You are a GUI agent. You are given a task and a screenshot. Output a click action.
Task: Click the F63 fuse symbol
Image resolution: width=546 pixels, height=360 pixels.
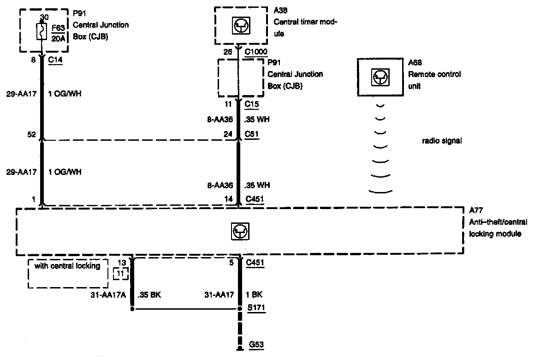[42, 32]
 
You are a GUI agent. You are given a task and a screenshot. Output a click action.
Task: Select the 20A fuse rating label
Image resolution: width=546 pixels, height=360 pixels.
[59, 39]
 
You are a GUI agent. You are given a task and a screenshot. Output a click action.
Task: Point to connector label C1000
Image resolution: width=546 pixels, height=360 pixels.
[255, 52]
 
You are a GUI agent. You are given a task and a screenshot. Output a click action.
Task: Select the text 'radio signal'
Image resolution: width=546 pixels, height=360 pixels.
[442, 141]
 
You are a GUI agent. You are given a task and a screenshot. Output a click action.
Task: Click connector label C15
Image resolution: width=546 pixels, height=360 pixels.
[252, 105]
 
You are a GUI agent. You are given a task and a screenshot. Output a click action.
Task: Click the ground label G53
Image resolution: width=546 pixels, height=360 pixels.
[256, 344]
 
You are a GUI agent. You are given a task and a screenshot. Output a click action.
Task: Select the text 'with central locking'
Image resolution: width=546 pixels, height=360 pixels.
[67, 266]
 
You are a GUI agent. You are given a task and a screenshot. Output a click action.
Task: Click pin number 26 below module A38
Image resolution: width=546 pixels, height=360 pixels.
[228, 52]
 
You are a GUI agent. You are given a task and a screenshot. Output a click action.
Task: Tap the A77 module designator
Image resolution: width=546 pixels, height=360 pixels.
[475, 210]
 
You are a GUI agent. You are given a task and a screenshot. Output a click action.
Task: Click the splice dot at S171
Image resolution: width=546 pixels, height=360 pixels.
[240, 309]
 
